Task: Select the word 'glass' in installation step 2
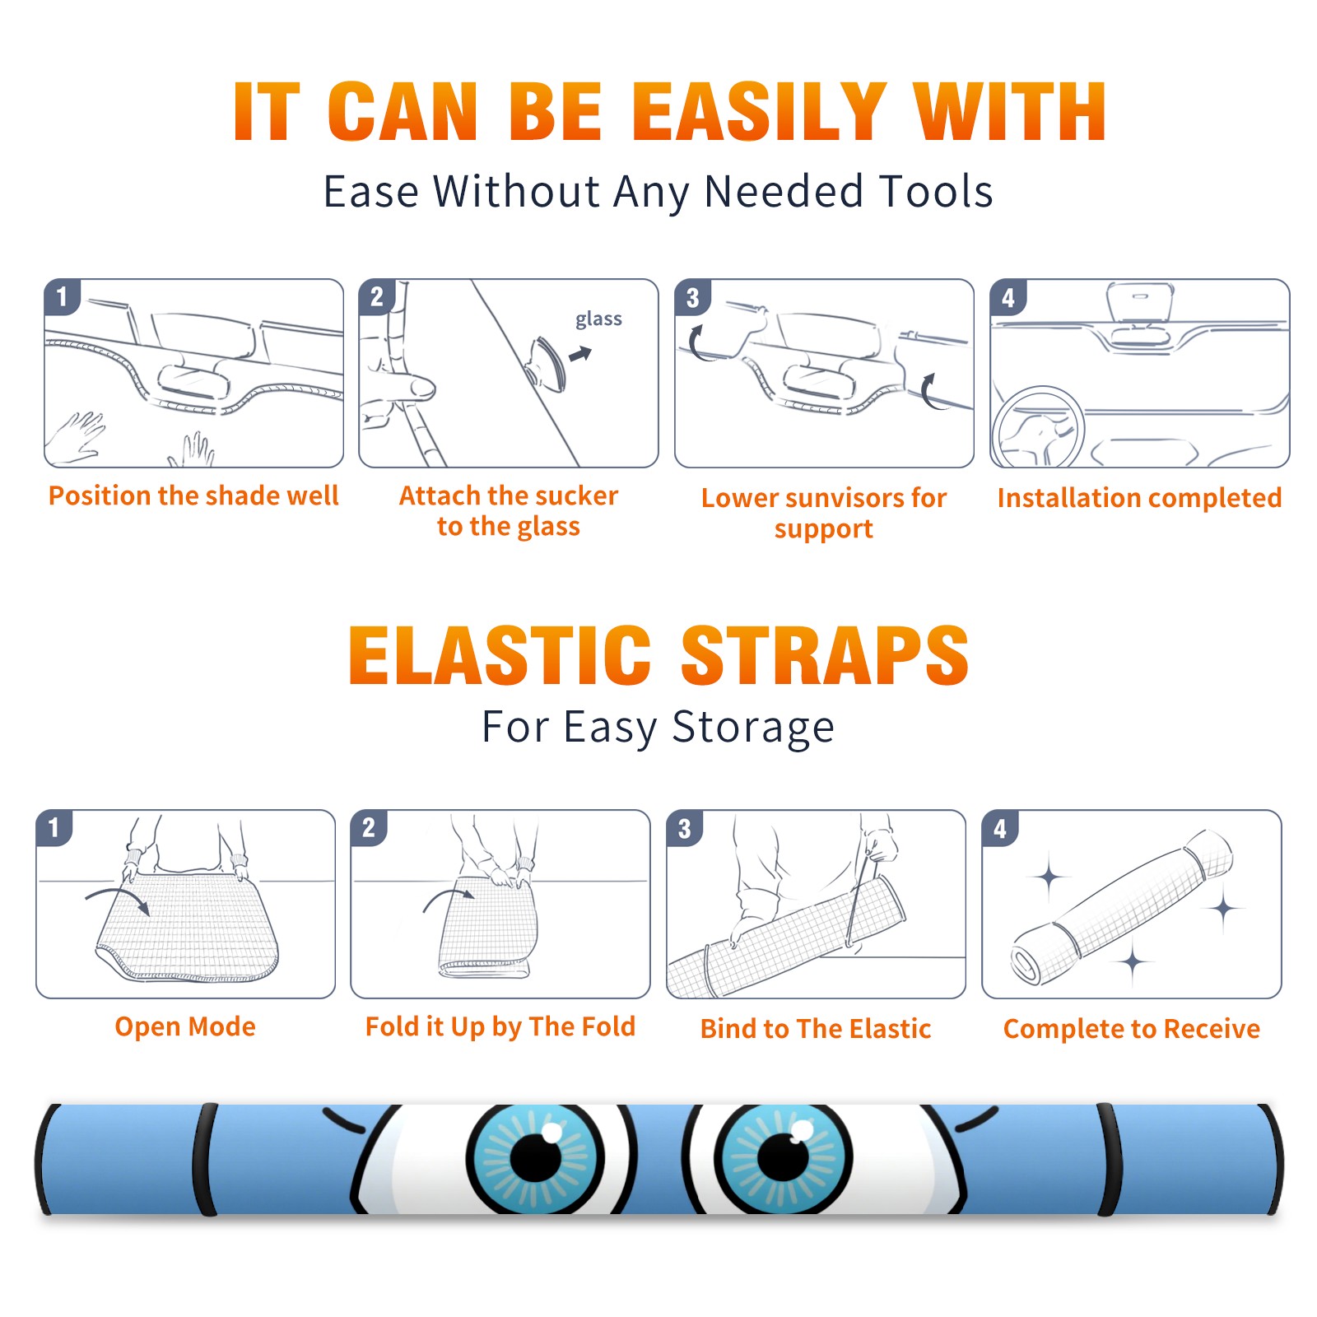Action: point(598,319)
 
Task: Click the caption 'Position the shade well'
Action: point(193,496)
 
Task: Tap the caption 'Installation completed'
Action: point(1139,498)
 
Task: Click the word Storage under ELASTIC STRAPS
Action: point(753,728)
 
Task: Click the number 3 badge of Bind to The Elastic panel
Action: point(685,828)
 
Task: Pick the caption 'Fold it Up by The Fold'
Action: point(500,1026)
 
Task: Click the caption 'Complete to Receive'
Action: point(1132,1029)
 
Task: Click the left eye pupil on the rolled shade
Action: point(535,1156)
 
